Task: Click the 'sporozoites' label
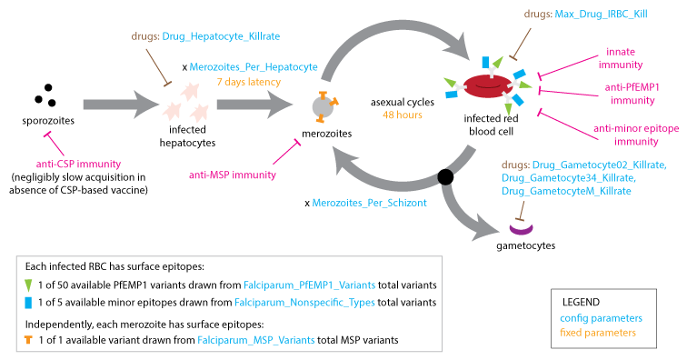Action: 41,120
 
